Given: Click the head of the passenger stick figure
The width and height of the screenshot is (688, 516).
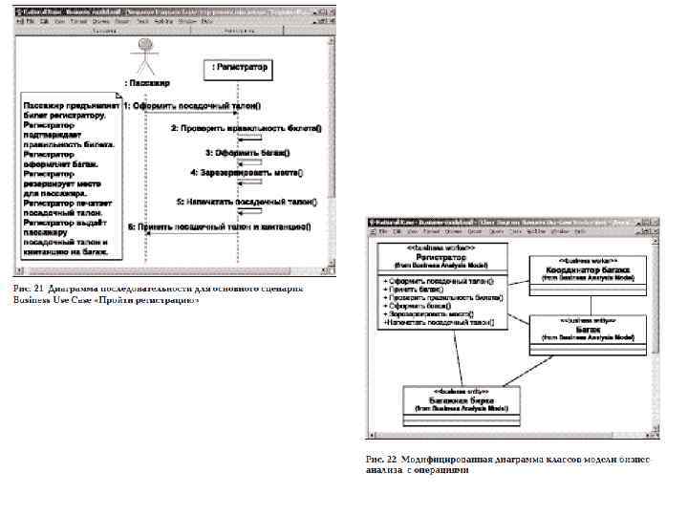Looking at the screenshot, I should (x=145, y=45).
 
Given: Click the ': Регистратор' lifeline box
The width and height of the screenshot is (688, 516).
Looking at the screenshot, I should (x=237, y=69).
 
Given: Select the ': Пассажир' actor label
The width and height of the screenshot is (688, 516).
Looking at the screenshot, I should (x=145, y=83).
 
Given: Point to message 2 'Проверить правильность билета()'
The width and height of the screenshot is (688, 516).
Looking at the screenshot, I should (x=247, y=128).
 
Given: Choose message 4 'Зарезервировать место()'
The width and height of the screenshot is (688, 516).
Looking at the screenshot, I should (x=246, y=173).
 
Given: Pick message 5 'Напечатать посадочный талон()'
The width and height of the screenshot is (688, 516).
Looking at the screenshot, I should (x=246, y=203).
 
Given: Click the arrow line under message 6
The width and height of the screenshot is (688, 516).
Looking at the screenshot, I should (x=191, y=236).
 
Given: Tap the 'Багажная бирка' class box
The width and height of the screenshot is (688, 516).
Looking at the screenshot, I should (x=461, y=402).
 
